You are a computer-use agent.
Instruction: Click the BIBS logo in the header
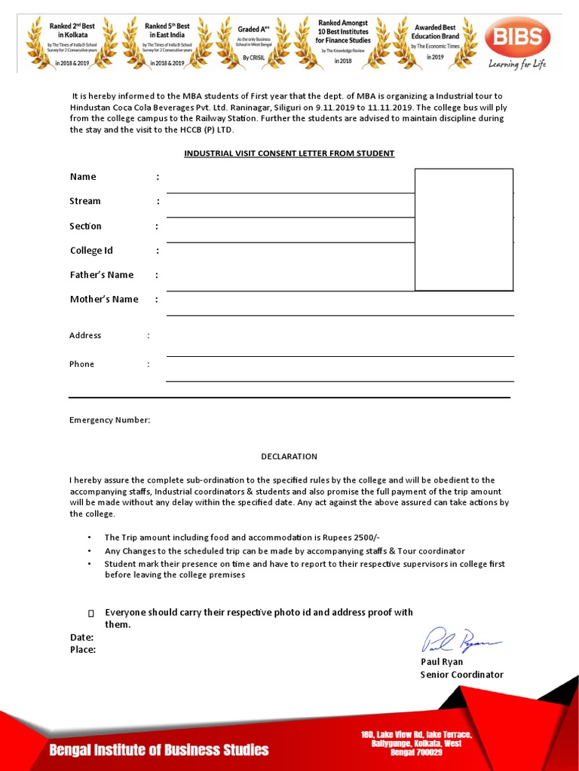click(x=517, y=37)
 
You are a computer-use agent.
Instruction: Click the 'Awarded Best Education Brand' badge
click(x=434, y=41)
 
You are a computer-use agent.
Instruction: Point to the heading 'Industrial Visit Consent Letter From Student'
click(x=289, y=154)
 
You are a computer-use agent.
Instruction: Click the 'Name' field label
click(x=83, y=177)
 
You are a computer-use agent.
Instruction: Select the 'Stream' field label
click(x=85, y=201)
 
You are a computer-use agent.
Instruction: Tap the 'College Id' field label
click(x=91, y=251)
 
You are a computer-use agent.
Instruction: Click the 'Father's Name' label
click(x=102, y=275)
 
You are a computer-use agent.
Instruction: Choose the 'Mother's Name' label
click(x=104, y=300)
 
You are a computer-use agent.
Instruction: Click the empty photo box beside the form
click(x=464, y=230)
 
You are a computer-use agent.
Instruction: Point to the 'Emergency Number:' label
click(x=110, y=420)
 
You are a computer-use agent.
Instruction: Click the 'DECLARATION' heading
click(x=289, y=456)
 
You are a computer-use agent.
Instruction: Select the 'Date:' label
click(x=82, y=638)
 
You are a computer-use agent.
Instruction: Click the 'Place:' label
click(x=83, y=650)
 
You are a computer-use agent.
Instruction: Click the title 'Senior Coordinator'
click(x=461, y=675)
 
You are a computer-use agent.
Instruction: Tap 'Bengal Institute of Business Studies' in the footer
click(x=159, y=750)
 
